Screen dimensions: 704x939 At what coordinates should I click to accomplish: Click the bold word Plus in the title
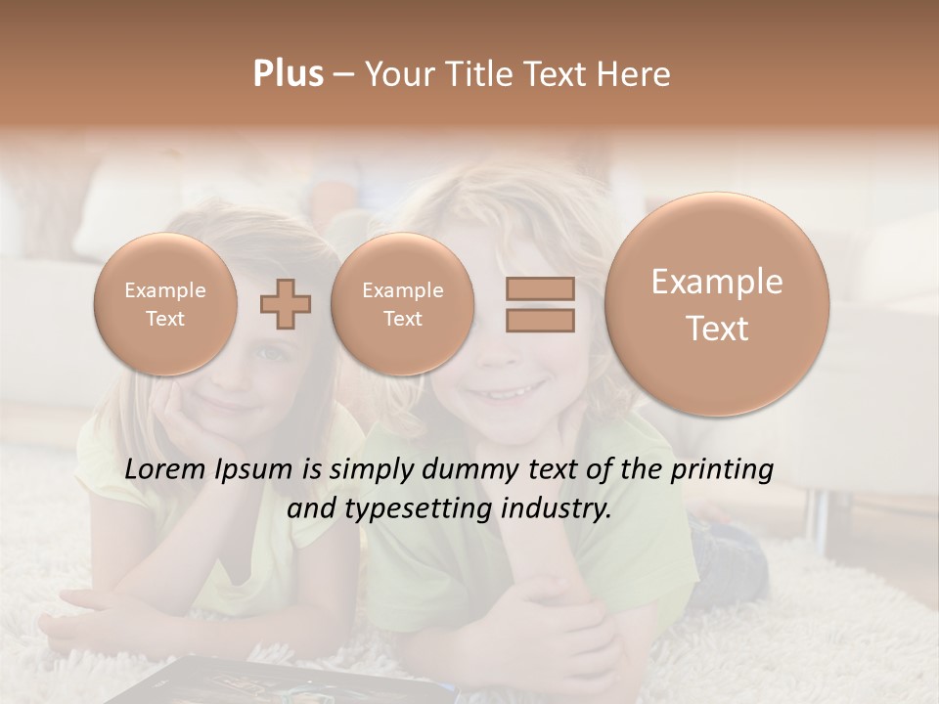[288, 74]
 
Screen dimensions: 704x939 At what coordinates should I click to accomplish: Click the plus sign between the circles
[285, 304]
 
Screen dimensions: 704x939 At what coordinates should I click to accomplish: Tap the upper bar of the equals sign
[539, 288]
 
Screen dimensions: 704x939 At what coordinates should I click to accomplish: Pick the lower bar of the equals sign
[539, 319]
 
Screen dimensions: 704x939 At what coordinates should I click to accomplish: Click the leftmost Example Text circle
[165, 304]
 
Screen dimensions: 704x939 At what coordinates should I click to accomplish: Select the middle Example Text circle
[402, 304]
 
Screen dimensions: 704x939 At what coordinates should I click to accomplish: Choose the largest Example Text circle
[717, 304]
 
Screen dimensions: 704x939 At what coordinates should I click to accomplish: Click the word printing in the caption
[722, 470]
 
